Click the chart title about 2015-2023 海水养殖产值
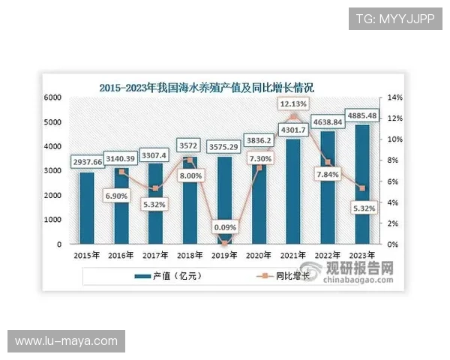(206, 88)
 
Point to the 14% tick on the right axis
(394, 98)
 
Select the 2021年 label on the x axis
(293, 255)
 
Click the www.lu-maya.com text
(66, 341)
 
